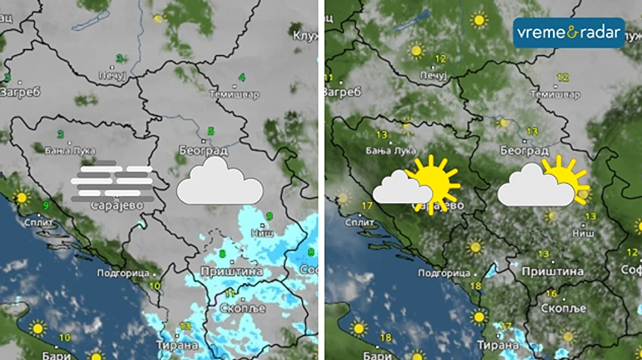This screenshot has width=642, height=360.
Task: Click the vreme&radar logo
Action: click(569, 32)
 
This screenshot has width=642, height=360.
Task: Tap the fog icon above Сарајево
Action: click(113, 181)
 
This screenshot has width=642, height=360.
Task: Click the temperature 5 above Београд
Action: click(211, 131)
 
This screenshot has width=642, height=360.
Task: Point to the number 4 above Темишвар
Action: click(242, 77)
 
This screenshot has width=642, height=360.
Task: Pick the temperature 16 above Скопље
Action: click(551, 294)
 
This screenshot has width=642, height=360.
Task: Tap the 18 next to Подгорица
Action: click(476, 286)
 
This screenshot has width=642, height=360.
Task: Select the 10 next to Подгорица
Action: click(155, 285)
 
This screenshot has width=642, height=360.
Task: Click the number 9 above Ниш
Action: click(269, 217)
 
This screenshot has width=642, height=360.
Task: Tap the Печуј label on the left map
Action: click(112, 75)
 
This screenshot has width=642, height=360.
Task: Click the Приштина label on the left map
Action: click(232, 271)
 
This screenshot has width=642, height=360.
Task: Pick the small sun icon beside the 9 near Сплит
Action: click(21, 198)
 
